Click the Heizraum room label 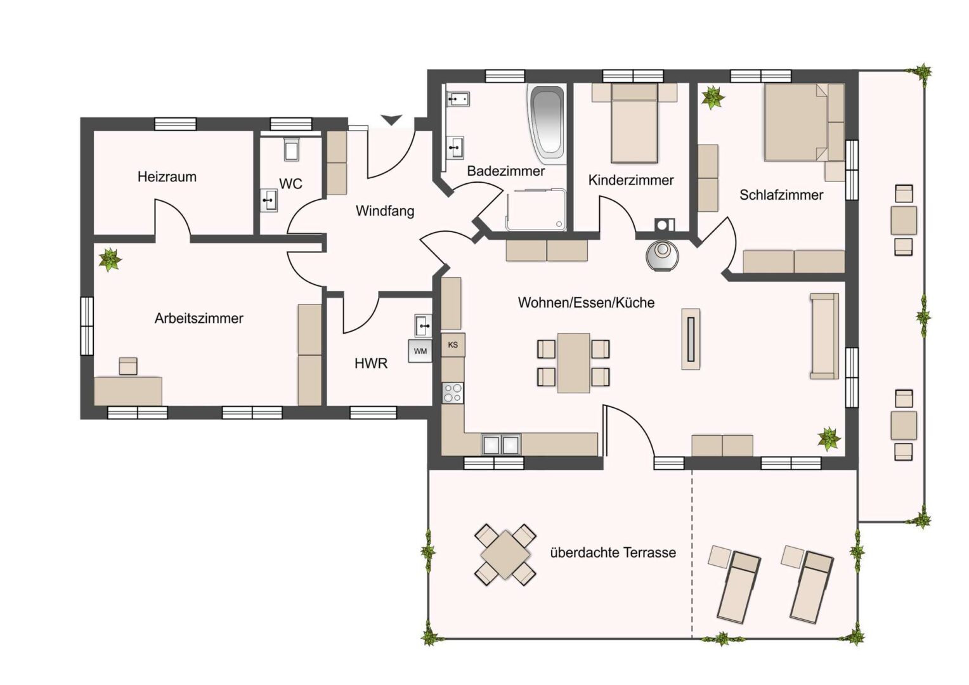pyautogui.click(x=167, y=176)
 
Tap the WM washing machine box pyautogui.click(x=420, y=351)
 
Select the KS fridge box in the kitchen pyautogui.click(x=453, y=345)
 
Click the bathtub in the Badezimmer pyautogui.click(x=547, y=124)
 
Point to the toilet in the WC pyautogui.click(x=292, y=149)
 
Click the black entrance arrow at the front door pyautogui.click(x=391, y=120)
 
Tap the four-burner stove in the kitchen pyautogui.click(x=453, y=393)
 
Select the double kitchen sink pyautogui.click(x=501, y=445)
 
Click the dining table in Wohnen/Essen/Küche pyautogui.click(x=573, y=363)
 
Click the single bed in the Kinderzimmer pyautogui.click(x=634, y=123)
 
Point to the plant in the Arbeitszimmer pyautogui.click(x=110, y=259)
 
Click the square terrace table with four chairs pyautogui.click(x=505, y=555)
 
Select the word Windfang pyautogui.click(x=384, y=211)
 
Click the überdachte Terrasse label pyautogui.click(x=613, y=552)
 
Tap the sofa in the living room pyautogui.click(x=824, y=336)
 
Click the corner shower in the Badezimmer pyautogui.click(x=536, y=210)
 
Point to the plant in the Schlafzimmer pyautogui.click(x=713, y=98)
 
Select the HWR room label pyautogui.click(x=371, y=363)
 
